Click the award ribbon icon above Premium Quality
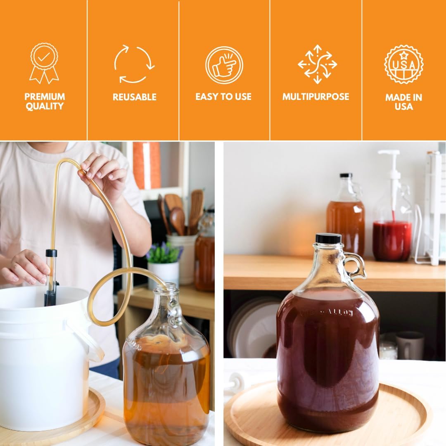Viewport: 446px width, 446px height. click(44, 63)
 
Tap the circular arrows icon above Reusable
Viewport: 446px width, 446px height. click(134, 64)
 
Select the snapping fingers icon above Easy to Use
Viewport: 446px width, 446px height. click(224, 65)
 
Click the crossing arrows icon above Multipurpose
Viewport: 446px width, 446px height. click(317, 64)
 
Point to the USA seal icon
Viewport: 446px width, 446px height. click(403, 64)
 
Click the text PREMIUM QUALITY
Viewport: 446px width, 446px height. click(44, 102)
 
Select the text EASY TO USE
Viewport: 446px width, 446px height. click(223, 97)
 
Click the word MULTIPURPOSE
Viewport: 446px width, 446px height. click(316, 97)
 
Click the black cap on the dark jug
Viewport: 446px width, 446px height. click(328, 238)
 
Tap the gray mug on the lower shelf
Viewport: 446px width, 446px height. click(409, 345)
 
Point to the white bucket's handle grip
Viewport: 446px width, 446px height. click(89, 341)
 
